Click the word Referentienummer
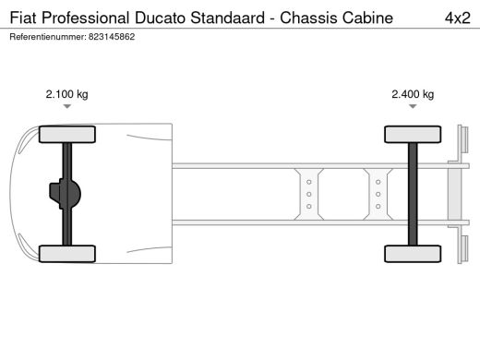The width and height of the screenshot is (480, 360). [46, 36]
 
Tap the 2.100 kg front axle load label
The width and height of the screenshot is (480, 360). [66, 93]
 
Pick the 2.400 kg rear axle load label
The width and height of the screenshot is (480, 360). [413, 93]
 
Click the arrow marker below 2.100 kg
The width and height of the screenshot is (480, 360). [66, 107]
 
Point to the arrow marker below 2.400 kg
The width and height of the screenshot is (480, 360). [413, 107]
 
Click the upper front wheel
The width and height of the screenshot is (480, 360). [66, 135]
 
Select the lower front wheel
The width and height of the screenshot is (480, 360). [66, 253]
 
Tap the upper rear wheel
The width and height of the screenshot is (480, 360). [412, 135]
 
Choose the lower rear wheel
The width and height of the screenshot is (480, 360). [412, 253]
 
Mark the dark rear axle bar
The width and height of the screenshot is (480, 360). [413, 194]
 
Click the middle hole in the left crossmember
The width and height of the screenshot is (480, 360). [309, 194]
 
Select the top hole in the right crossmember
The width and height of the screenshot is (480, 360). [378, 183]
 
